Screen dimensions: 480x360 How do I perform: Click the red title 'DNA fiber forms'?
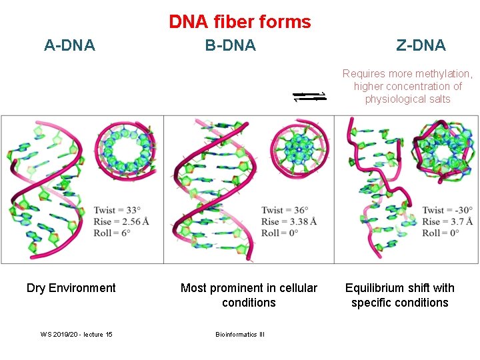coord(240,22)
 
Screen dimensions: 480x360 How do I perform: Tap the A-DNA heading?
coord(69,45)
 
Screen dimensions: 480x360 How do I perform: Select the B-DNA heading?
coord(230,45)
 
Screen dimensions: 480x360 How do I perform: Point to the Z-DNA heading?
coord(421,45)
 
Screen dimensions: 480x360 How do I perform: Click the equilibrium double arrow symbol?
coord(310,97)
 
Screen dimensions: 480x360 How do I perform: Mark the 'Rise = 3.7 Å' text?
coord(447,221)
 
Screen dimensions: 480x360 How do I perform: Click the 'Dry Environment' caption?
coord(71,288)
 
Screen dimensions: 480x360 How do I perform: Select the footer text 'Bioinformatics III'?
coord(240,334)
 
